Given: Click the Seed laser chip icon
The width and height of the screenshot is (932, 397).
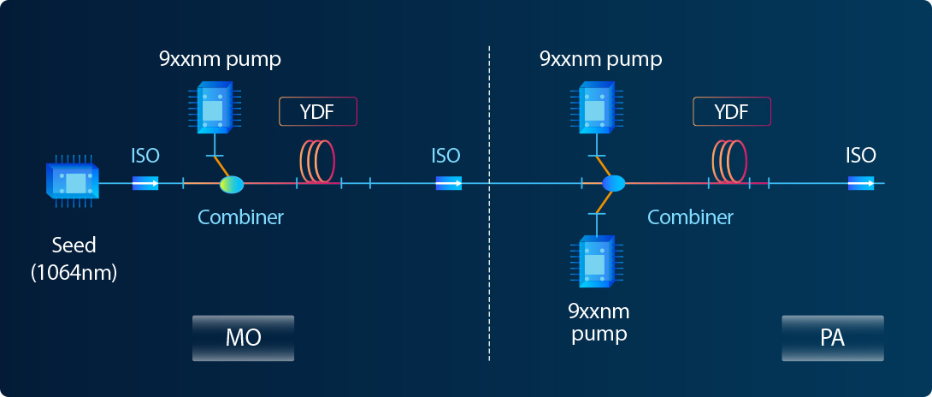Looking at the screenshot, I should click(x=74, y=183).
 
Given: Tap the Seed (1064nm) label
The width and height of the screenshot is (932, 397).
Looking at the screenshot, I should click(x=74, y=259).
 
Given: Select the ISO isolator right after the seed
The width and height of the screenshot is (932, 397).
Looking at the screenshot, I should click(x=145, y=183).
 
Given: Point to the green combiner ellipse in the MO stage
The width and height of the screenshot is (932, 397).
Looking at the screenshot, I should click(x=232, y=183).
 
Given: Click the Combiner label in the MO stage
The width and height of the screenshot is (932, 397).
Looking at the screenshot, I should click(x=240, y=217).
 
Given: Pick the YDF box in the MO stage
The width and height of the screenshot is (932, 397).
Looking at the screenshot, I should click(x=317, y=112).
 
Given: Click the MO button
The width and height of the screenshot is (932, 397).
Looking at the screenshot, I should click(x=243, y=337).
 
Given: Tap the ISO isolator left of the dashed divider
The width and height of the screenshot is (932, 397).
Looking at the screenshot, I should click(x=448, y=183).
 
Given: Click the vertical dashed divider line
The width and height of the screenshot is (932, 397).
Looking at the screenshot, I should click(x=489, y=257).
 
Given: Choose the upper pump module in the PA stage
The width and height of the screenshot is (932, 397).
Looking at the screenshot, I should click(x=596, y=107).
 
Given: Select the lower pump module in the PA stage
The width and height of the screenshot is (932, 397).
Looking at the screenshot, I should click(x=596, y=260).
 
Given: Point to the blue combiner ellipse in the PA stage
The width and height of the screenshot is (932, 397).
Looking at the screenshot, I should click(x=614, y=183).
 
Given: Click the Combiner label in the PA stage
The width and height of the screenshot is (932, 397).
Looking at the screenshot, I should click(x=690, y=217).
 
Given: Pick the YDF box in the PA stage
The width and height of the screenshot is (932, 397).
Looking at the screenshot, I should click(x=732, y=112).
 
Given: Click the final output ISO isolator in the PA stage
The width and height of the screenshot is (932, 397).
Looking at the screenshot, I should click(x=861, y=183).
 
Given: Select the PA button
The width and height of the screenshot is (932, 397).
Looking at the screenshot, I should click(x=832, y=337).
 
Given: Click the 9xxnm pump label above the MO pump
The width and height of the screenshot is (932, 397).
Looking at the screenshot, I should click(x=220, y=60).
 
